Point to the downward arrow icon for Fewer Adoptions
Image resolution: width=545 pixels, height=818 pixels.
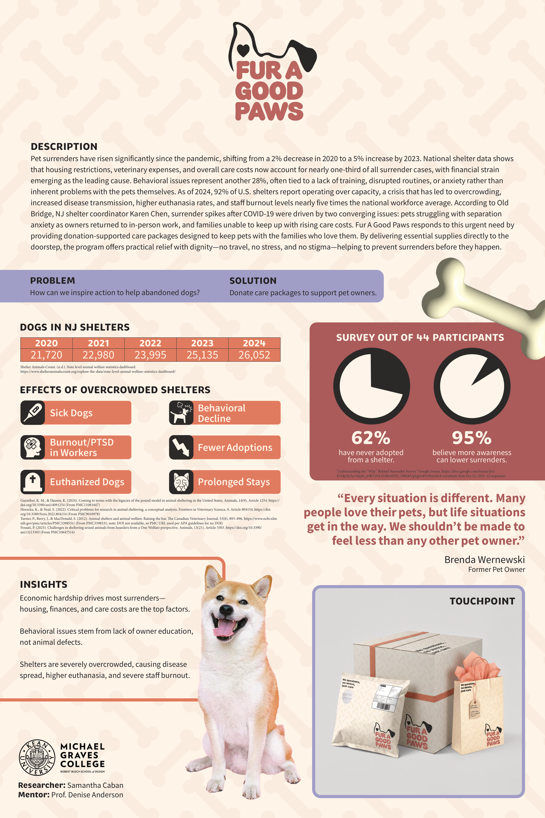pyautogui.click(x=181, y=447)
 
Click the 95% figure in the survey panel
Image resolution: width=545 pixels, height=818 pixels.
pyautogui.click(x=472, y=438)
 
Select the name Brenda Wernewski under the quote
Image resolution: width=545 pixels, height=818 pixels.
pyautogui.click(x=485, y=560)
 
